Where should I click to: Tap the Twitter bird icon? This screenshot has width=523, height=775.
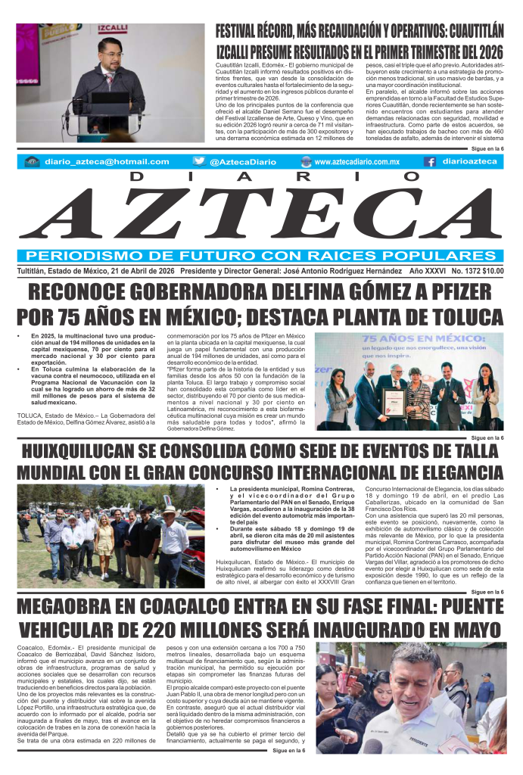pyautogui.click(x=199, y=161)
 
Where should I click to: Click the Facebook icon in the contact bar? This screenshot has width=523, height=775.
pyautogui.click(x=429, y=161)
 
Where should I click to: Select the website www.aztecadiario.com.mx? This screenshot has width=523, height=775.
pyautogui.click(x=356, y=162)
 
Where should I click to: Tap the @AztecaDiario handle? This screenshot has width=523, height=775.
pyautogui.click(x=241, y=162)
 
